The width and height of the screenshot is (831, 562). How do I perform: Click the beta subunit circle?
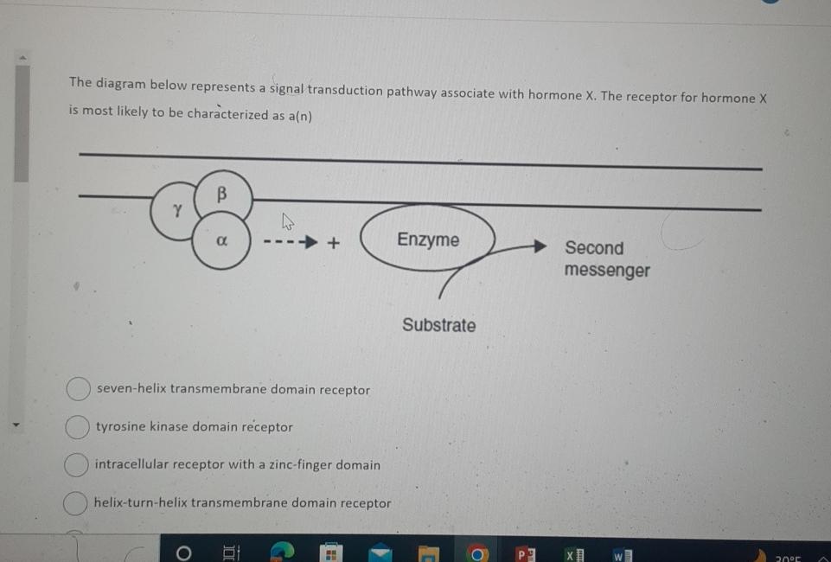[222, 195]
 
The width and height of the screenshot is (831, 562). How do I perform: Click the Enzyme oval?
[428, 239]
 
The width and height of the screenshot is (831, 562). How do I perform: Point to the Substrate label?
[438, 326]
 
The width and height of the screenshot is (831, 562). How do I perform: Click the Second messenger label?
[606, 259]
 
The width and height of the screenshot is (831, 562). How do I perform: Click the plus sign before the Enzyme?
[333, 244]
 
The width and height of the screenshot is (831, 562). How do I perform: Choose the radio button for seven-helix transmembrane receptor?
[78, 389]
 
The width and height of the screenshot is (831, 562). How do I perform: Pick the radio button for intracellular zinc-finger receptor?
[76, 464]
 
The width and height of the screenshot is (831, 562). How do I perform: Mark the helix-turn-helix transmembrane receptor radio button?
[76, 502]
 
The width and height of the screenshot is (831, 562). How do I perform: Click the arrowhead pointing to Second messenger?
[540, 246]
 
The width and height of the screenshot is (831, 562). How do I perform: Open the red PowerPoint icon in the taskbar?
[525, 552]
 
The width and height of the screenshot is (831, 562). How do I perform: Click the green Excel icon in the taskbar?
[572, 552]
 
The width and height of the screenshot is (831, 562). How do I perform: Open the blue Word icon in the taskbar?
[621, 552]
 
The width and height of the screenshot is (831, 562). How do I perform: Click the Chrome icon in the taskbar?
[477, 552]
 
